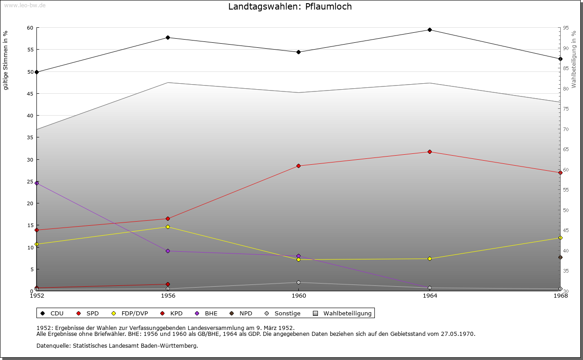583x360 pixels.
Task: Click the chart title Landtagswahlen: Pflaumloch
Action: [290, 7]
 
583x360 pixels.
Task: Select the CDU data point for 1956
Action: [168, 37]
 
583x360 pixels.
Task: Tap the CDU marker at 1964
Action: [430, 30]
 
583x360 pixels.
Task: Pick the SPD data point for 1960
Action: [299, 166]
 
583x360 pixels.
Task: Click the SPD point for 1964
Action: [430, 152]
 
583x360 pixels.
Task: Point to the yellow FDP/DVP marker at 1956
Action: [168, 227]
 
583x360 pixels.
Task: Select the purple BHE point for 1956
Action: [168, 251]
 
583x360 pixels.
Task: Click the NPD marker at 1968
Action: [560, 257]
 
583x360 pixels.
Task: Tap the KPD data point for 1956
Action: [168, 284]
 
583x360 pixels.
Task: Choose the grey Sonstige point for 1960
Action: [299, 282]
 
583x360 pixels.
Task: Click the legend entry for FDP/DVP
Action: [130, 313]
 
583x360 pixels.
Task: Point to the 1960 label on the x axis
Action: [299, 296]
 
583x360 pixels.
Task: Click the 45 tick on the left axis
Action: [30, 94]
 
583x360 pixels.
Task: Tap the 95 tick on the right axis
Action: [565, 28]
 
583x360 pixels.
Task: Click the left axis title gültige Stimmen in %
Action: [6, 60]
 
